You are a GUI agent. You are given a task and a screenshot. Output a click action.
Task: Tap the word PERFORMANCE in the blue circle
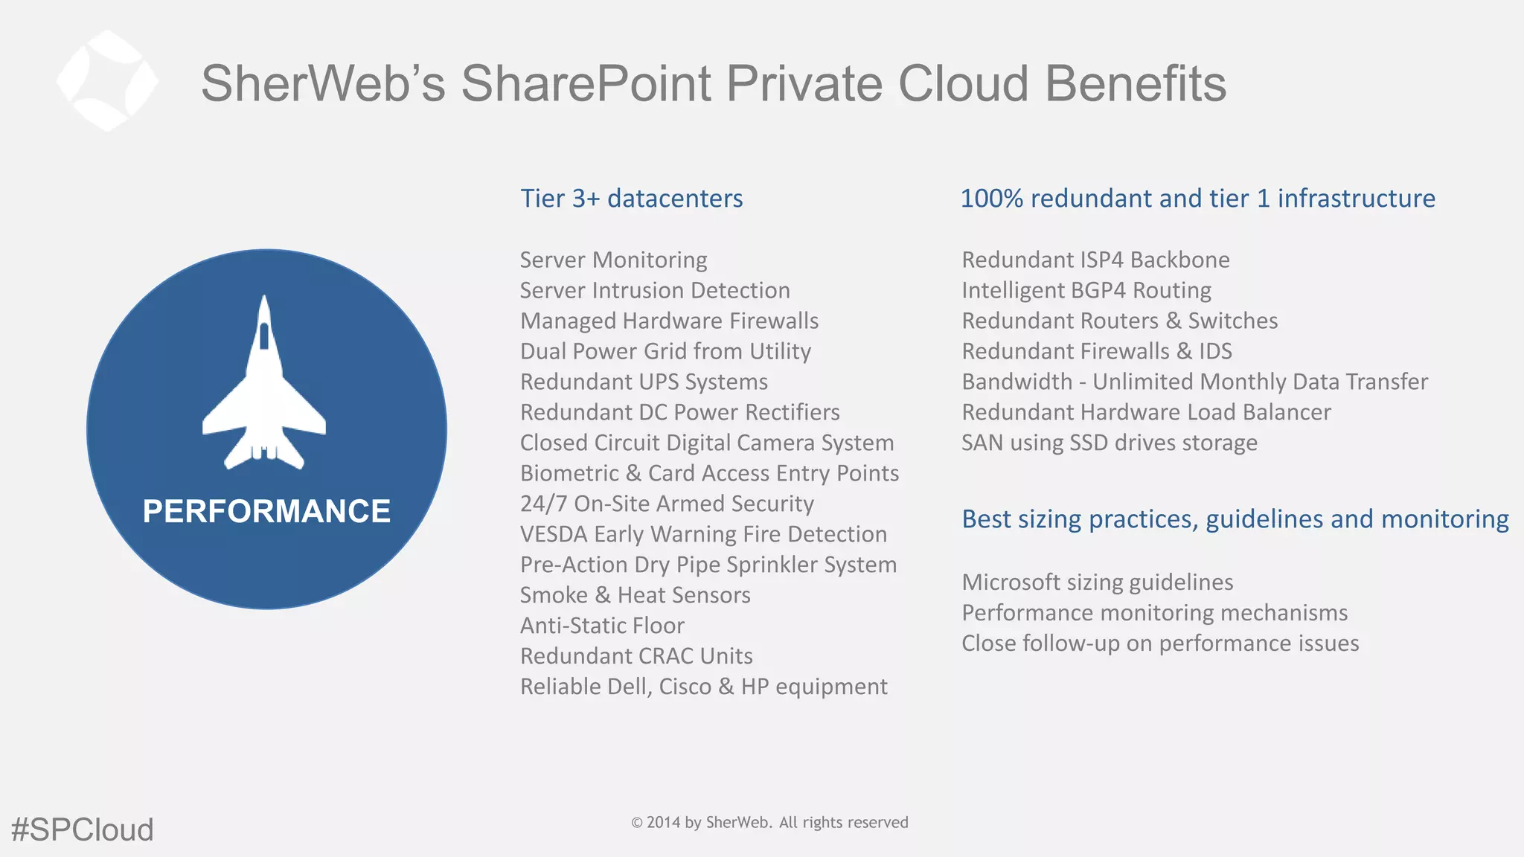266,511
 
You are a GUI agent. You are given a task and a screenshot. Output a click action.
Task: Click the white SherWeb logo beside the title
107,80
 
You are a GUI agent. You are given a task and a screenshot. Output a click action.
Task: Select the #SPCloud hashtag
82,829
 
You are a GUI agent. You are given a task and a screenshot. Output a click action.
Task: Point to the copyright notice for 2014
769,822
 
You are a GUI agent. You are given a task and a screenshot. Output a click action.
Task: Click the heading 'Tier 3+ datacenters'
631,199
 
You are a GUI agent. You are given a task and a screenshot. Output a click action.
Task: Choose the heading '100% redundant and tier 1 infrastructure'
1197,199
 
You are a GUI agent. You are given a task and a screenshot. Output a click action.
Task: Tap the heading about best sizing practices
1235,519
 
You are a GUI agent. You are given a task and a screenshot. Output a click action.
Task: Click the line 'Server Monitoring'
613,260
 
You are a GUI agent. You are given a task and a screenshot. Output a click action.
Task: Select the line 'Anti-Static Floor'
602,626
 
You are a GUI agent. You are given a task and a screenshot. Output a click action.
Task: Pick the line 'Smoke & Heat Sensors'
635,595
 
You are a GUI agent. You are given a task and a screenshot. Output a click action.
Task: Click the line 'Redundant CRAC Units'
636,656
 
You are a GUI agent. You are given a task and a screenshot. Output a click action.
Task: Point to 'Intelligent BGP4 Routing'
1086,290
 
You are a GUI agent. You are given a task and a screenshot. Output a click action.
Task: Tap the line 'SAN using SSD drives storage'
1109,443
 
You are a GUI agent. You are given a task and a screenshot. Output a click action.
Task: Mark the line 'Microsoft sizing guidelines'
1097,582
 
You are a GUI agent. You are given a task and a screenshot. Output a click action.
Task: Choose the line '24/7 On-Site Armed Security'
667,504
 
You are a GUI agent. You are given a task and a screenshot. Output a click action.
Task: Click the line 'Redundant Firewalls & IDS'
1096,351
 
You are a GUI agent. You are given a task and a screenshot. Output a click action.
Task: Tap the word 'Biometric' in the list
569,473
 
